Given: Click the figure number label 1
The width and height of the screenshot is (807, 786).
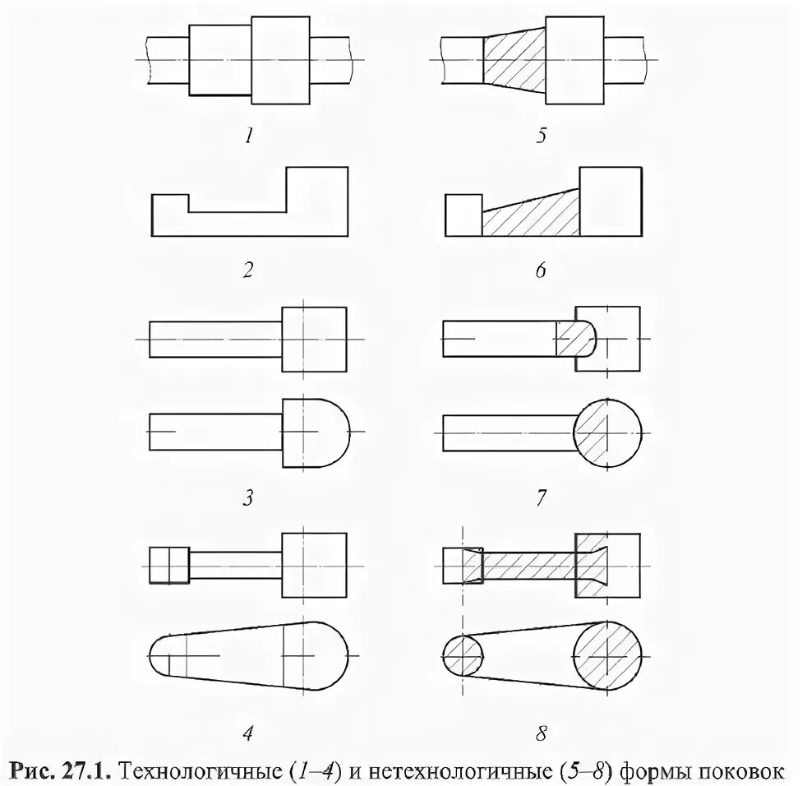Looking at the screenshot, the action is point(248,136).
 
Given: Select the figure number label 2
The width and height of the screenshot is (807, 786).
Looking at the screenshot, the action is point(248,270).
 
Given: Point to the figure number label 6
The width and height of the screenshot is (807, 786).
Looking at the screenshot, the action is point(541,270).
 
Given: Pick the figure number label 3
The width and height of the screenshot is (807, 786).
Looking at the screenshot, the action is point(248,497).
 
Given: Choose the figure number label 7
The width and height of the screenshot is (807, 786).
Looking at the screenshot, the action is point(541,497).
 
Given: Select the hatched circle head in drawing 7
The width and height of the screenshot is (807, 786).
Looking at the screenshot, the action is point(609,433).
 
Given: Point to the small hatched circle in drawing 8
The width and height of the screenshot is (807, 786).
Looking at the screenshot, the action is point(463,657).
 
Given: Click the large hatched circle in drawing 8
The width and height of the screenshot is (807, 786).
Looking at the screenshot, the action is point(609,657).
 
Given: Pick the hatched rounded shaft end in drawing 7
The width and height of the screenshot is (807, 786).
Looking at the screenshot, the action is point(575,338).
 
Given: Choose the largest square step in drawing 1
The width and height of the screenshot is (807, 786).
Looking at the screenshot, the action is point(280,60).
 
